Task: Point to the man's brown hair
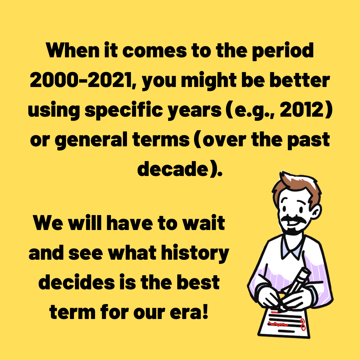(293, 185)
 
